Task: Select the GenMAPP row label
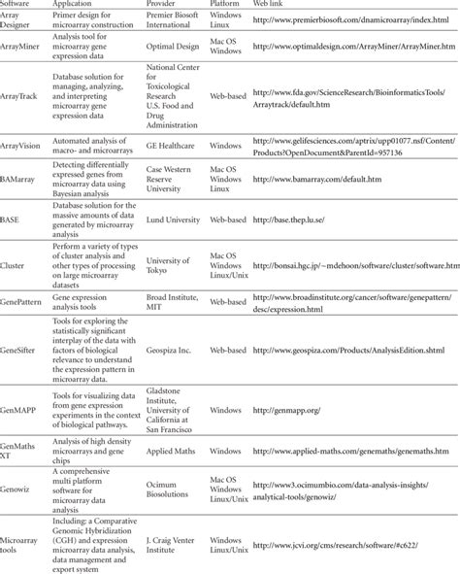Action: pos(19,411)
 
